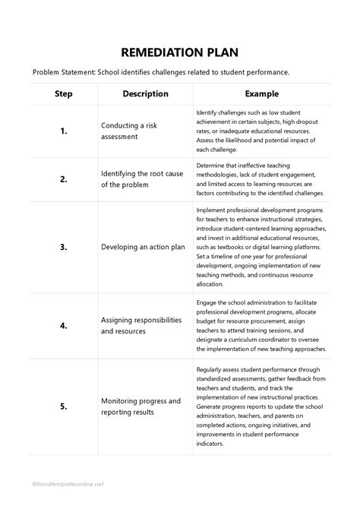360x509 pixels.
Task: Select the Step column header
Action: tap(64, 93)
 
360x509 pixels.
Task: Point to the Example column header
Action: tap(261, 93)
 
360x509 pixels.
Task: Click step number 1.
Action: tap(64, 131)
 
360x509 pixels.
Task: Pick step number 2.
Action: tap(64, 179)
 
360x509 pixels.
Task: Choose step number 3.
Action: tap(64, 247)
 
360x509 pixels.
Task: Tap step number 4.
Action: tap(64, 326)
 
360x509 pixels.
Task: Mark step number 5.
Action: tap(64, 406)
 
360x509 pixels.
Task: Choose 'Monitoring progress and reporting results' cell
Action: tap(141, 406)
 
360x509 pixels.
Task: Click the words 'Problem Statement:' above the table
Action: tap(66, 72)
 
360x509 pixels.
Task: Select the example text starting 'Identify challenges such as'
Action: tap(260, 131)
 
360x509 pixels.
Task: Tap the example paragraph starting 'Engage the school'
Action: tap(261, 326)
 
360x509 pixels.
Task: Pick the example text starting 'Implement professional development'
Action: tap(261, 247)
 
